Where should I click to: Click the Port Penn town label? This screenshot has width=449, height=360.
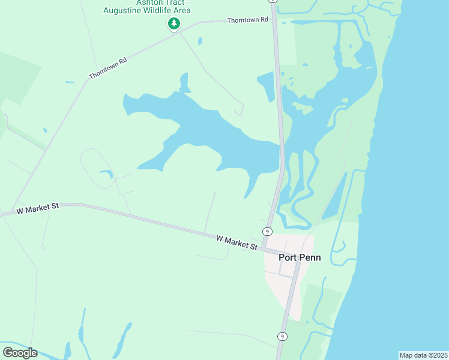pyautogui.click(x=300, y=257)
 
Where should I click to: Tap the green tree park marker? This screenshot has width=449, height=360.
pyautogui.click(x=173, y=24)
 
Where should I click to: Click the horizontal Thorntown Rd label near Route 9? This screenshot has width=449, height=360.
pyautogui.click(x=247, y=20)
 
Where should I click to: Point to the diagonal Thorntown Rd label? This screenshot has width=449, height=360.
pyautogui.click(x=108, y=68)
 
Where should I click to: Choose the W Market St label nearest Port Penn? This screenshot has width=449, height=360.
pyautogui.click(x=237, y=242)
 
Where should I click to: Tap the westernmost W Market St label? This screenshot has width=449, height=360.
pyautogui.click(x=37, y=209)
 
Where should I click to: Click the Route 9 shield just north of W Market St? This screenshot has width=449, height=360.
pyautogui.click(x=267, y=231)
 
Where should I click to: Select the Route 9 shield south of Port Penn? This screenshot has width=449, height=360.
pyautogui.click(x=282, y=337)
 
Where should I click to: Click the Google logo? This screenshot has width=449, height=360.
pyautogui.click(x=20, y=353)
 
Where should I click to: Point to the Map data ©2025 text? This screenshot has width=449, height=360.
pyautogui.click(x=423, y=355)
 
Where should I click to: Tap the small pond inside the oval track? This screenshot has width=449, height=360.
pyautogui.click(x=107, y=174)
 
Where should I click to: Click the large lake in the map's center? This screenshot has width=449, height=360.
pyautogui.click(x=204, y=132)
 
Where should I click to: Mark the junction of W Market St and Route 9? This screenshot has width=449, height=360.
pyautogui.click(x=264, y=248)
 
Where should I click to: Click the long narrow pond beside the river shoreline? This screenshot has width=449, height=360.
pyautogui.click(x=334, y=197)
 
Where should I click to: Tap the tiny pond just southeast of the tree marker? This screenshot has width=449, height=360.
pyautogui.click(x=199, y=41)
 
